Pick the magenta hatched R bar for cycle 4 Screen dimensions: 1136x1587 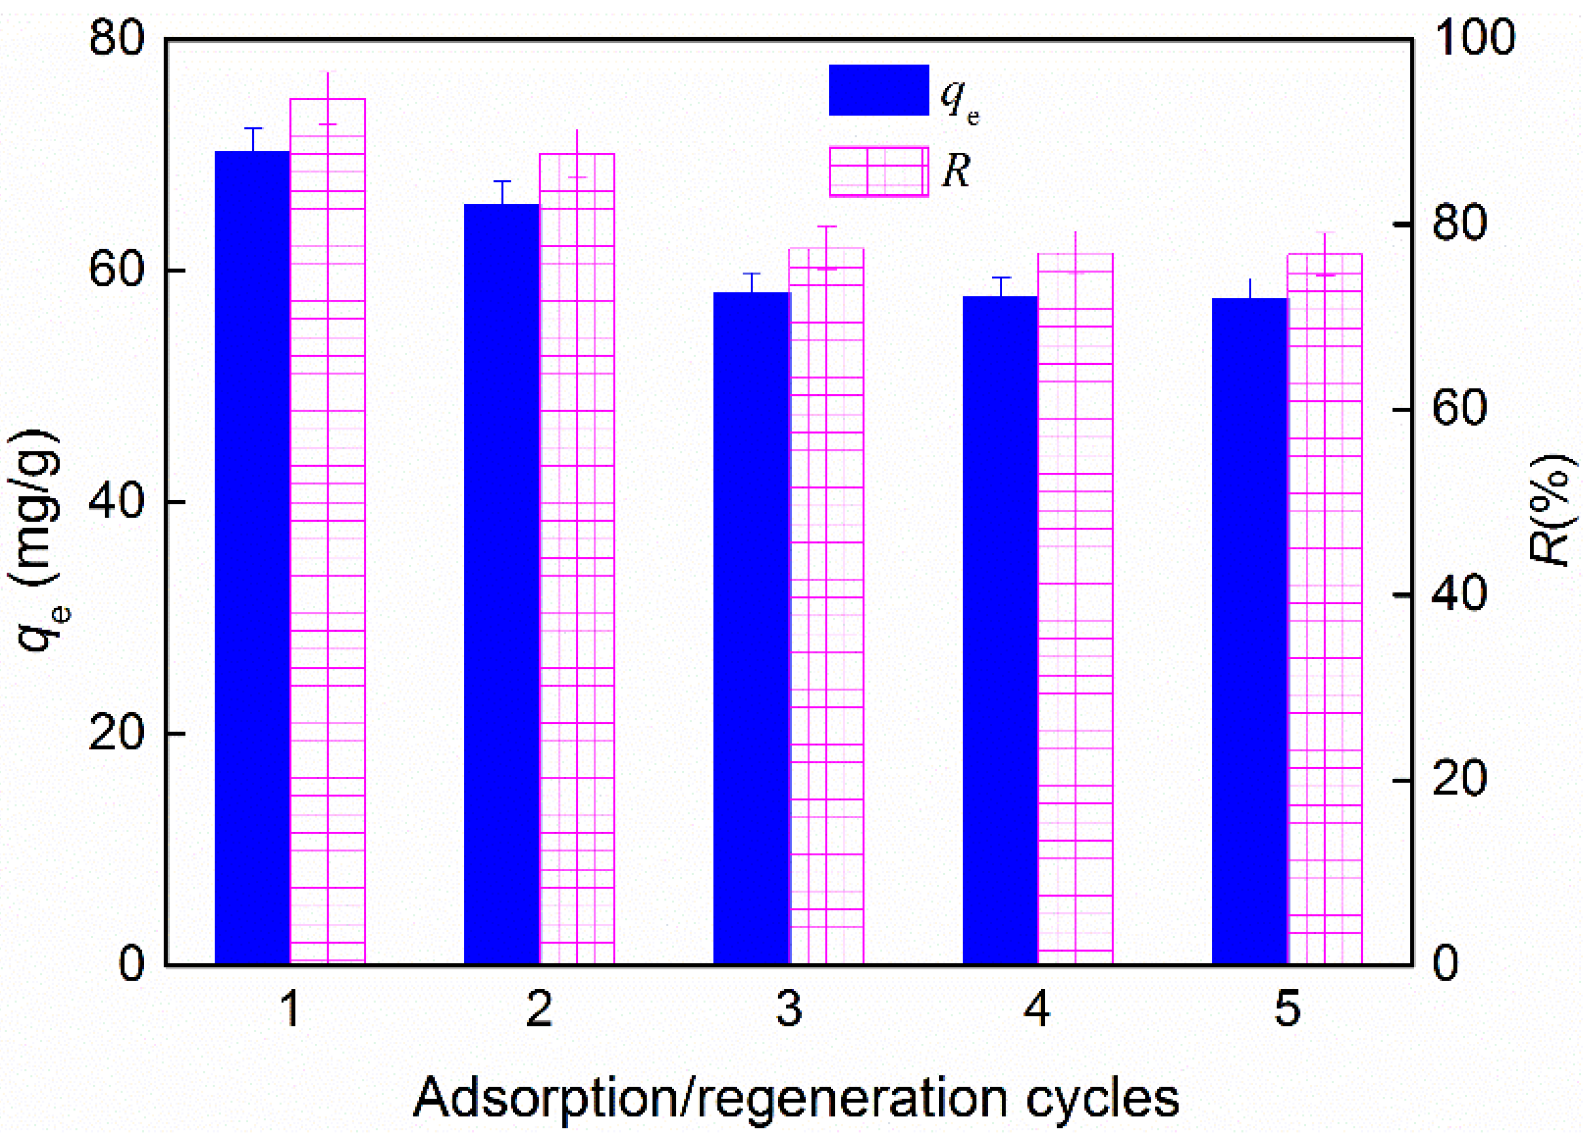pyautogui.click(x=1075, y=609)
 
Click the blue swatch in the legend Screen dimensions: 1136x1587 pyautogui.click(x=879, y=90)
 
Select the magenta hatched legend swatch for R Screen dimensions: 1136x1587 pyautogui.click(x=879, y=171)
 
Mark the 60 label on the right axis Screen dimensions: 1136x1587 pyautogui.click(x=1459, y=409)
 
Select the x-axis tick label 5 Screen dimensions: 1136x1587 pyautogui.click(x=1287, y=1009)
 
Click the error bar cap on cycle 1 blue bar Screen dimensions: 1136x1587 pyautogui.click(x=253, y=129)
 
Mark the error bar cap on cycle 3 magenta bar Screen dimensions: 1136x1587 pyautogui.click(x=827, y=227)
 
